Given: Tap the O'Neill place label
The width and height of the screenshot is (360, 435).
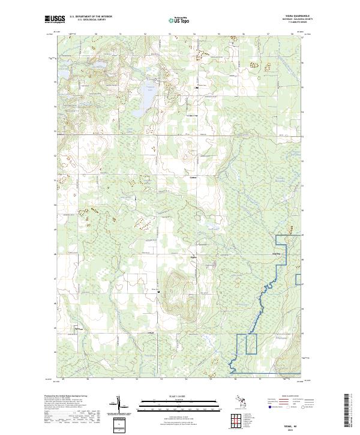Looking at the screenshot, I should tap(151, 333).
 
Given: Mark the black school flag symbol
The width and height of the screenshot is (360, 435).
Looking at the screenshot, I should tap(196, 88).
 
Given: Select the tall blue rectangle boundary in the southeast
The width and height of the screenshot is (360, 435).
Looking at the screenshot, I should tap(251, 343).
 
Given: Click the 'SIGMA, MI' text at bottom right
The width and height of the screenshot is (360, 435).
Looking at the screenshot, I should tap(291, 422).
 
